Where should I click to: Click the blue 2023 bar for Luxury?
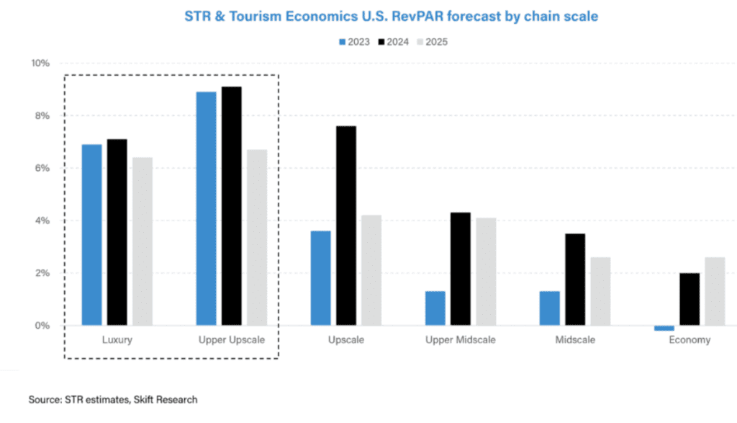point(91,235)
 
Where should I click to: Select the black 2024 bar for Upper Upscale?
point(231,206)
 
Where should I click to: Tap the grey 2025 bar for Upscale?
point(371,270)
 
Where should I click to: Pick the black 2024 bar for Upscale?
point(345,226)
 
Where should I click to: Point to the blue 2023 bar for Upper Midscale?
point(435,308)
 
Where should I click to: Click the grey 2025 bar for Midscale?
point(600,291)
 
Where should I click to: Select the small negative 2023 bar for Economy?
point(664,328)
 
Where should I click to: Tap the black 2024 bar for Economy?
point(689,299)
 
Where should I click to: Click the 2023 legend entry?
point(354,42)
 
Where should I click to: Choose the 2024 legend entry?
point(393,42)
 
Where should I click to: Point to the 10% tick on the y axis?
point(40,63)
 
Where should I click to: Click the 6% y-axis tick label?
point(42,168)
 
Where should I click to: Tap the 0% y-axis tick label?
point(42,326)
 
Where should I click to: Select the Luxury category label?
point(117,340)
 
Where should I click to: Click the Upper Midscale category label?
point(461,340)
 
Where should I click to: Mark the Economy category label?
point(689,340)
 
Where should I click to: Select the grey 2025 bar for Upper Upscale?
point(257,237)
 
